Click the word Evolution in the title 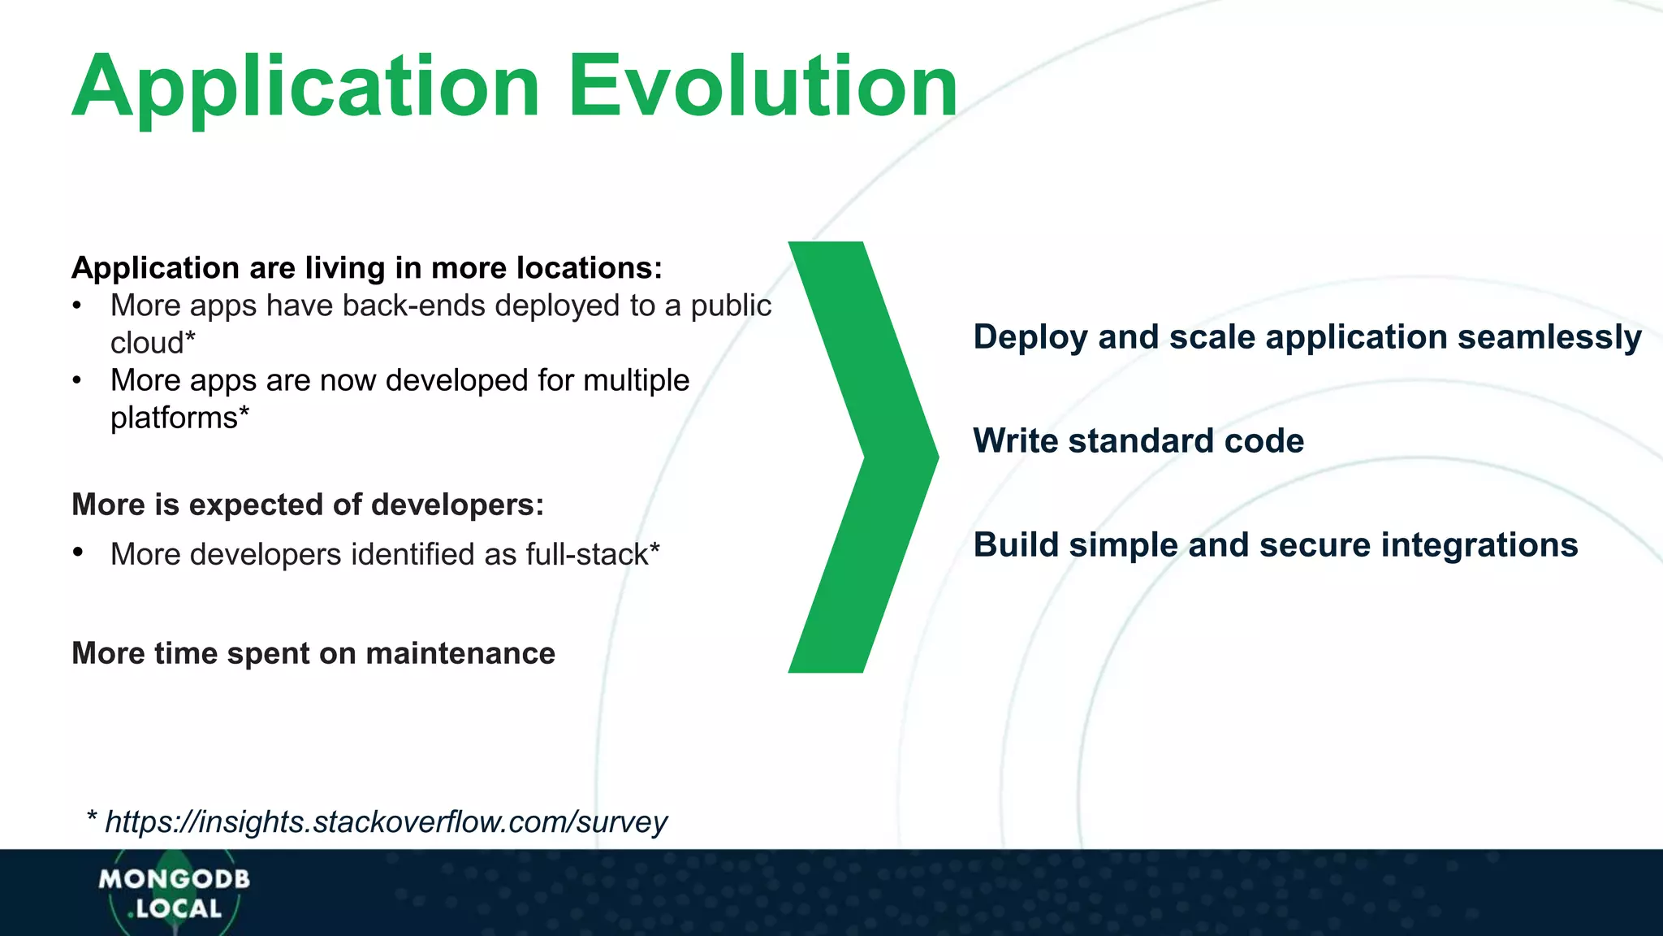[762, 86]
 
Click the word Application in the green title [306, 88]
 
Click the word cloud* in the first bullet [153, 343]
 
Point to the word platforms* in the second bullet [179, 418]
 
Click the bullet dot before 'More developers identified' [78, 553]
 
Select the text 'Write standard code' [1138, 441]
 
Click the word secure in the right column [1315, 544]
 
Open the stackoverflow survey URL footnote [386, 821]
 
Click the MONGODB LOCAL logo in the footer [174, 893]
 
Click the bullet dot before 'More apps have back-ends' [77, 306]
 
